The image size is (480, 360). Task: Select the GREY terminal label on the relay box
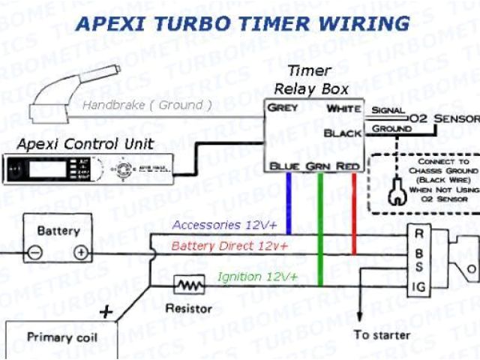tap(283, 108)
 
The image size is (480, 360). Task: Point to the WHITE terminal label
tap(344, 109)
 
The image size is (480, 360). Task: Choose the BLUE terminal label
tap(286, 165)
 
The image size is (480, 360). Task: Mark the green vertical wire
tap(320, 225)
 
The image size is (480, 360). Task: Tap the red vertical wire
tap(353, 210)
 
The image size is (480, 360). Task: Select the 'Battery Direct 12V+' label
tap(229, 246)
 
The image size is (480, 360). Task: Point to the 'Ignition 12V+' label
tap(257, 277)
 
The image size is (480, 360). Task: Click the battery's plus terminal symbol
tap(80, 253)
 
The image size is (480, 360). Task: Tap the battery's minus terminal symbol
tap(34, 253)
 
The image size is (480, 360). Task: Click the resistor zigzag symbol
tap(188, 286)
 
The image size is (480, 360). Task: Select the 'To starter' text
tap(382, 334)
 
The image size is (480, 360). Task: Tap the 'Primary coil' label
tap(62, 337)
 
